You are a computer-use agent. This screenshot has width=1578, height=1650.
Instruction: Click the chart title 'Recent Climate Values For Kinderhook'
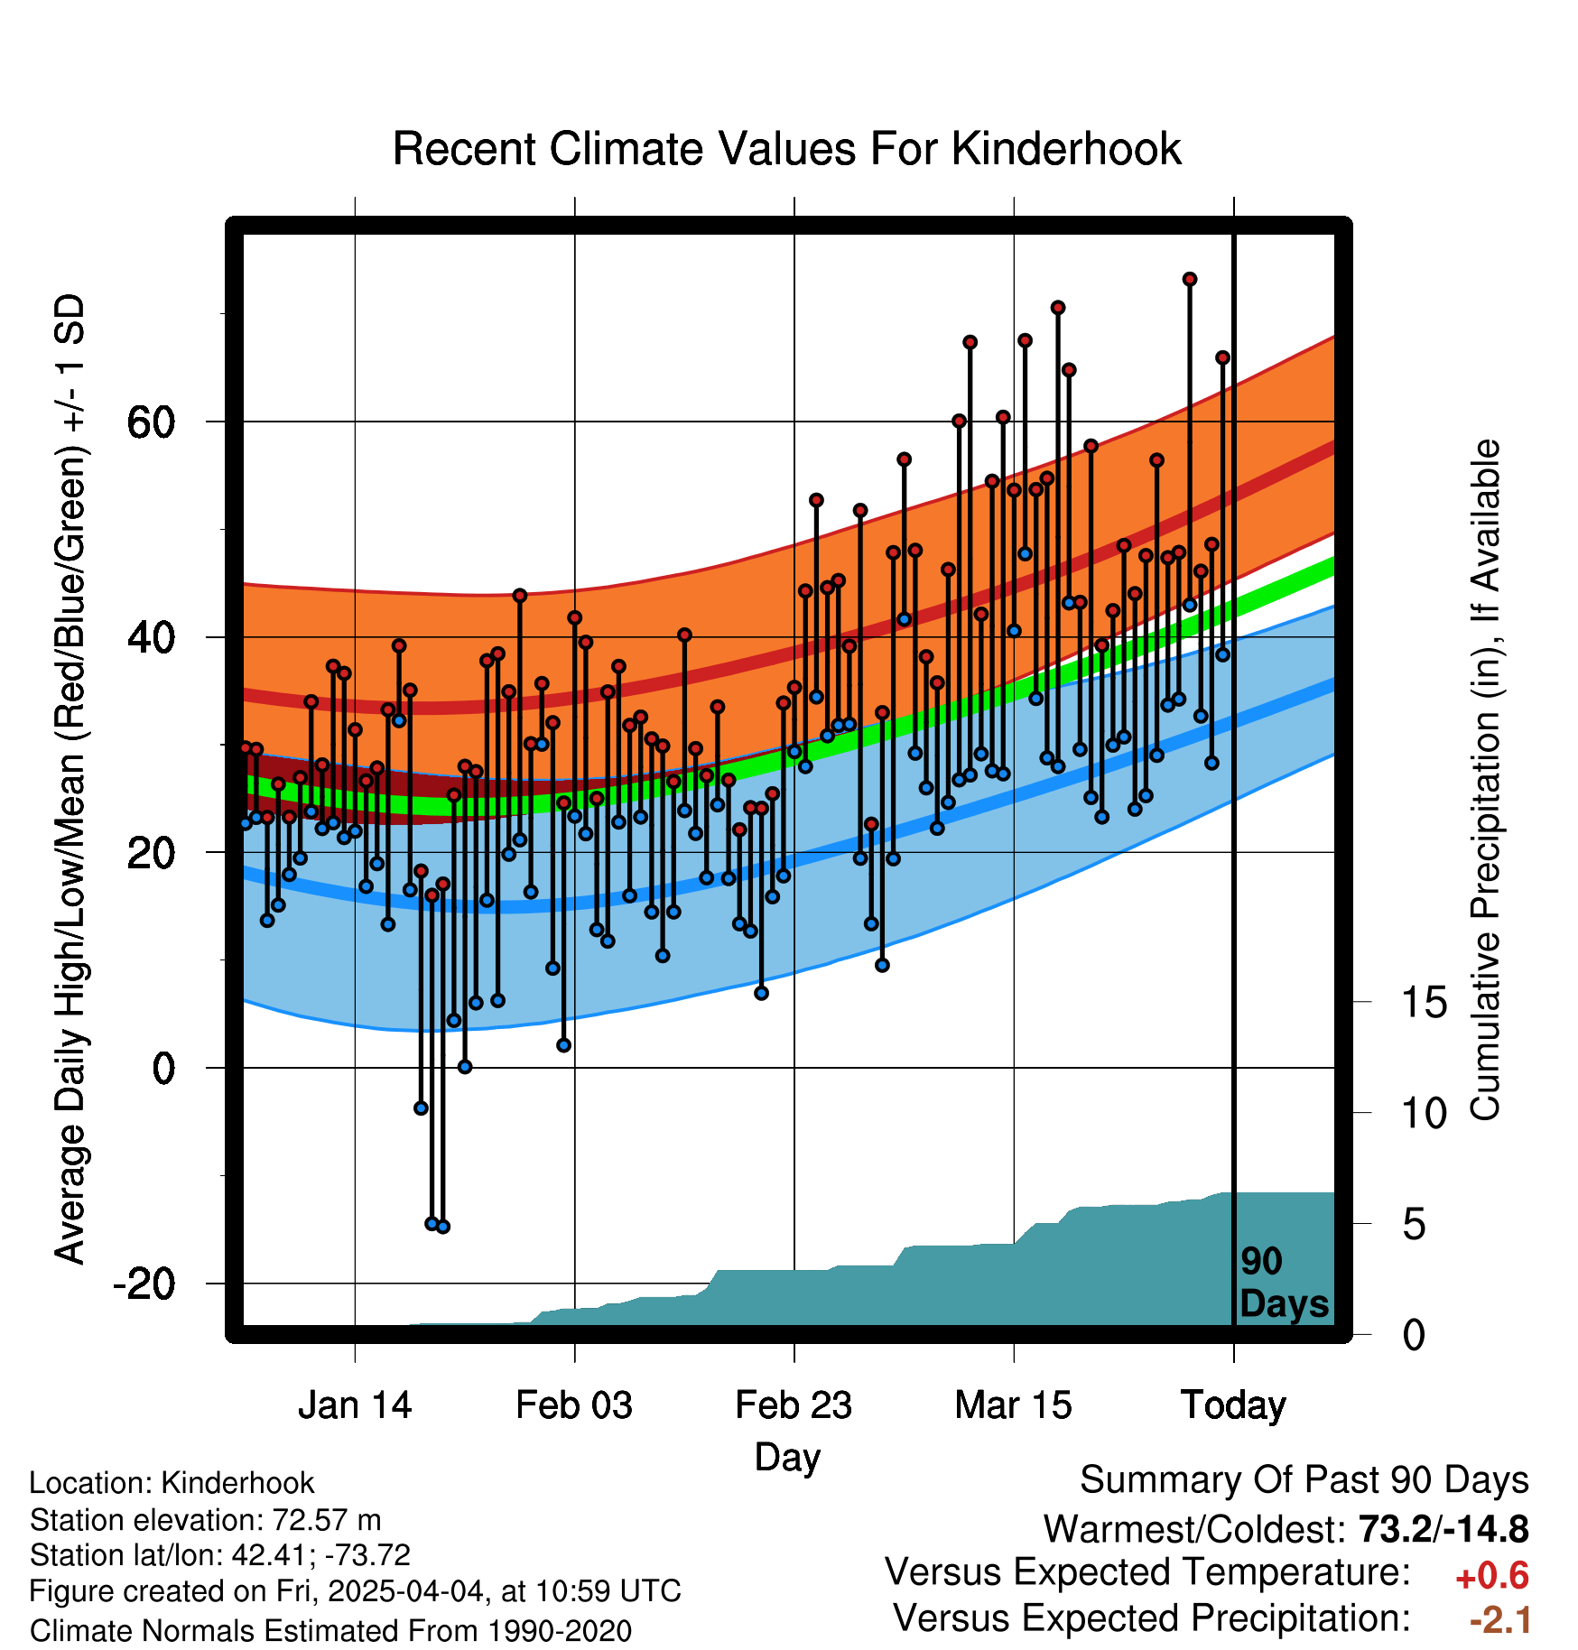point(786,149)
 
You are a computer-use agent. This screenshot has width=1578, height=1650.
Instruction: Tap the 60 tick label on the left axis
point(152,422)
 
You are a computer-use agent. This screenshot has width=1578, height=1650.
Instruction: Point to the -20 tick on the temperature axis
point(144,1284)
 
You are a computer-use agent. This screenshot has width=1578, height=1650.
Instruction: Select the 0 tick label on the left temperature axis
point(164,1069)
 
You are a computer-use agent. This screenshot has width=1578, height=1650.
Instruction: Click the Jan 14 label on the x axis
point(355,1405)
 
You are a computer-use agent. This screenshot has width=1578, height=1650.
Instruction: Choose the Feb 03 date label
point(574,1405)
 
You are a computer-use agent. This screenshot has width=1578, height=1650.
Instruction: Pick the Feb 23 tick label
point(794,1405)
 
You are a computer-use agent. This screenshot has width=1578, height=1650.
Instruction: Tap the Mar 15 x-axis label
point(1014,1405)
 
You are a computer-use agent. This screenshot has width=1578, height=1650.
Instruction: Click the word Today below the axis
point(1233,1406)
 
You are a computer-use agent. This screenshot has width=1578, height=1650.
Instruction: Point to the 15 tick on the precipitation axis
point(1425,1003)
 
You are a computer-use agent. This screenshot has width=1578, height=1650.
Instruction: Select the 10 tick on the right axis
point(1425,1114)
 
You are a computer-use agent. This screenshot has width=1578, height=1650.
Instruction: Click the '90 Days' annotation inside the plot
point(1284,1283)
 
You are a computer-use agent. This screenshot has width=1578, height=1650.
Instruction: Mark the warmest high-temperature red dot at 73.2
point(1190,280)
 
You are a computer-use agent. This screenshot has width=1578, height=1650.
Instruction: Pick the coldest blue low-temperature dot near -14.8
point(442,1227)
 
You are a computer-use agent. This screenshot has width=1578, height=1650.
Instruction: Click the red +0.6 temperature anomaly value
point(1492,1577)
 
